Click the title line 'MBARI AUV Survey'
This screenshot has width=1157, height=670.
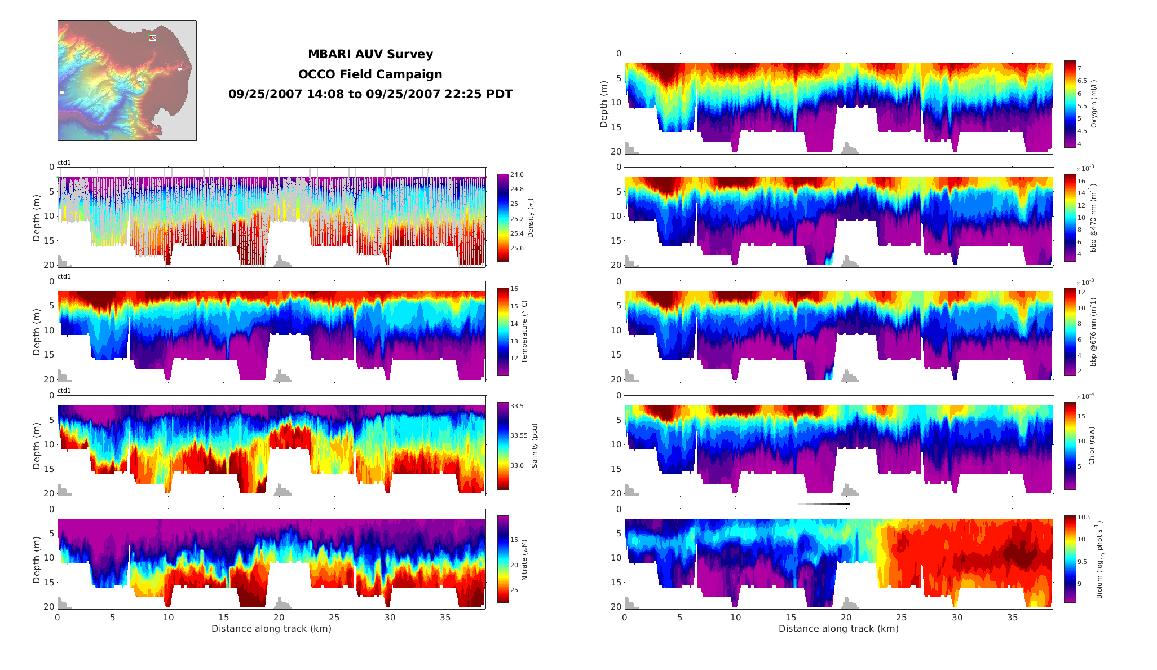pos(370,54)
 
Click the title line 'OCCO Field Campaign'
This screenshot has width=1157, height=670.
pos(370,74)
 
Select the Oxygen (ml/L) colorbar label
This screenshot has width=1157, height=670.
pos(1094,104)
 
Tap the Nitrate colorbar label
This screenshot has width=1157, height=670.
pos(524,559)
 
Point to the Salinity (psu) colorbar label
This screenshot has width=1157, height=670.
pos(535,446)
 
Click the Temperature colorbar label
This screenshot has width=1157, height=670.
pos(524,332)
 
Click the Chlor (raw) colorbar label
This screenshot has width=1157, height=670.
pos(1092,446)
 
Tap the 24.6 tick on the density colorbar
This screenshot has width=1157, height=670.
pos(516,175)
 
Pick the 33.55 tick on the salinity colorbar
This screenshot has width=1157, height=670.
pos(519,435)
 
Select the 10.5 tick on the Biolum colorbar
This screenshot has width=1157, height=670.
pos(1084,518)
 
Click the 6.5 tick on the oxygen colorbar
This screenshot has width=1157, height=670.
pos(1082,81)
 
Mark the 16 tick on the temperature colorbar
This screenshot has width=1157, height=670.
pos(514,289)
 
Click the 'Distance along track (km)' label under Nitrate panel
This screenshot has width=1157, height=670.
pos(271,629)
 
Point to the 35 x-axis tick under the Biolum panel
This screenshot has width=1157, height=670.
pos(1013,618)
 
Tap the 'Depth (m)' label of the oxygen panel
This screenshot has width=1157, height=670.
pos(604,104)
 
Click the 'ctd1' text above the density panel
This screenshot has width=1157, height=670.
pos(64,163)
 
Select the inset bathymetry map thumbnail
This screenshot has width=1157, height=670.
pos(127,81)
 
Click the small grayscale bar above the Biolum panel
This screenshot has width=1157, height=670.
pos(824,504)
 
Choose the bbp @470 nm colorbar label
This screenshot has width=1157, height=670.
pos(1094,217)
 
